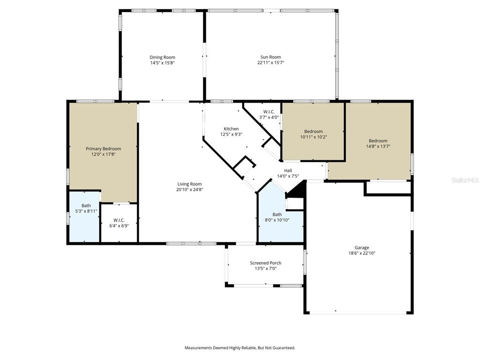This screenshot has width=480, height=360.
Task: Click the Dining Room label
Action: pyautogui.click(x=162, y=57)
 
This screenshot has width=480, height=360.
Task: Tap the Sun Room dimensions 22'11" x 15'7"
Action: pyautogui.click(x=270, y=62)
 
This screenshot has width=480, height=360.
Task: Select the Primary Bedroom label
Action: pyautogui.click(x=103, y=149)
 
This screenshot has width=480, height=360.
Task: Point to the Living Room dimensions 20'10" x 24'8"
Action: pyautogui.click(x=189, y=189)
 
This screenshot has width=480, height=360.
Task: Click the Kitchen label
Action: pyautogui.click(x=231, y=129)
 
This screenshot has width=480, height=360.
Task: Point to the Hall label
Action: pyautogui.click(x=288, y=171)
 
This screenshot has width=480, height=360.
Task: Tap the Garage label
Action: pyautogui.click(x=361, y=247)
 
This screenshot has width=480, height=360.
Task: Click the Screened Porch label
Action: pyautogui.click(x=265, y=263)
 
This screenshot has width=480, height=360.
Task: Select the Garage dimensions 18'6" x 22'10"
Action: pyautogui.click(x=361, y=253)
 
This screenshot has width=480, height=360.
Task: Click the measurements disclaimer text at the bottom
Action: pyautogui.click(x=240, y=348)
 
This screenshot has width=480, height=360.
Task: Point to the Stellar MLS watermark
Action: pyautogui.click(x=464, y=180)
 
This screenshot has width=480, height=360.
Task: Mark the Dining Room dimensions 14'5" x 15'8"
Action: pyautogui.click(x=162, y=63)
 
